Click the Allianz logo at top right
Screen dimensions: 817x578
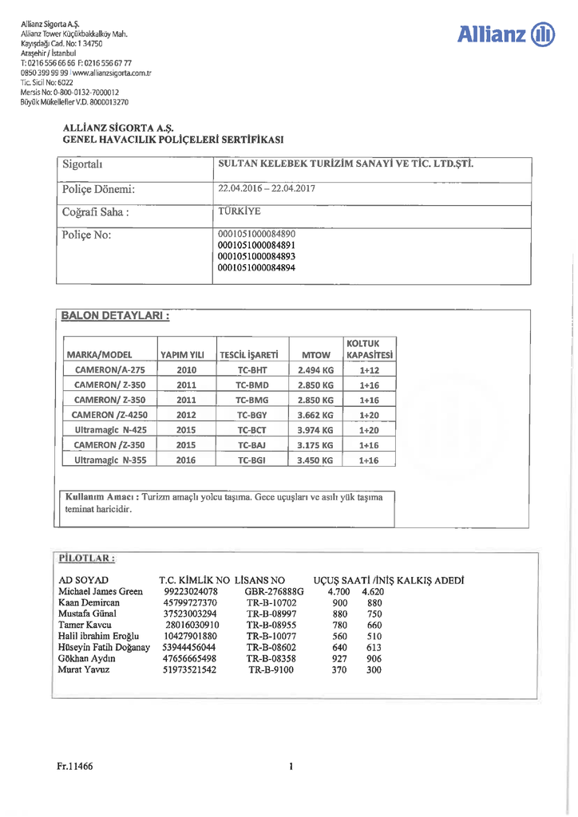[x=507, y=34]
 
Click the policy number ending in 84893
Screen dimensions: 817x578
[x=256, y=257]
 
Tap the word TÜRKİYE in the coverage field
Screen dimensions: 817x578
[x=240, y=212]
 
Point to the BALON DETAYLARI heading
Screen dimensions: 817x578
[x=115, y=316]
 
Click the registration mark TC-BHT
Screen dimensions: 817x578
[x=252, y=370]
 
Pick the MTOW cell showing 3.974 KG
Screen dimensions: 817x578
[x=315, y=430]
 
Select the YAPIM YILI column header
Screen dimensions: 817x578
[x=183, y=354]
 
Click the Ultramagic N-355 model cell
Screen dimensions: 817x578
[x=110, y=460]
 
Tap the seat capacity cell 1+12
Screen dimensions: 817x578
[x=369, y=370]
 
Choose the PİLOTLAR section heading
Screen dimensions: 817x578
[x=87, y=558]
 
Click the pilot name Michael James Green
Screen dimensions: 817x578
[x=101, y=592]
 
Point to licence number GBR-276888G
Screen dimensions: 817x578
[x=274, y=592]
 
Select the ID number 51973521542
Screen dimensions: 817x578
[x=189, y=670]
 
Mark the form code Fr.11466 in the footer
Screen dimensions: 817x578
[x=75, y=766]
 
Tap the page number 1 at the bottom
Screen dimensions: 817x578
[x=291, y=767]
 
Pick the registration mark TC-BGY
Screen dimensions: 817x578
[x=252, y=415]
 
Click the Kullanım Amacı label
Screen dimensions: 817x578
[x=102, y=497]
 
